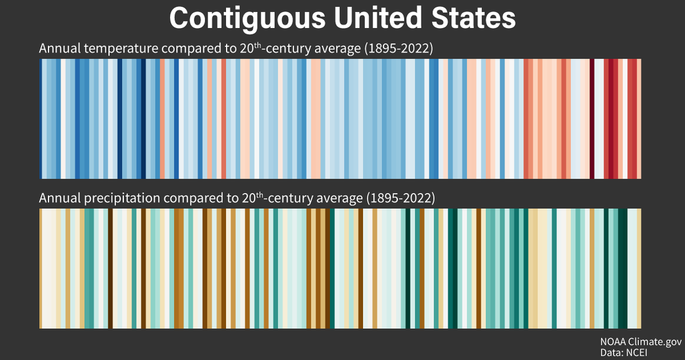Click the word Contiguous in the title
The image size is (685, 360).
pyautogui.click(x=247, y=18)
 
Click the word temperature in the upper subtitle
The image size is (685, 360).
pyautogui.click(x=114, y=49)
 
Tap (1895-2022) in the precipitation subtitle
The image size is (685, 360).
pyautogui.click(x=400, y=199)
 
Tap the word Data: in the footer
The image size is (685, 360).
pyautogui.click(x=613, y=353)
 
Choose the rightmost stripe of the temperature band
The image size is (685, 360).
pyautogui.click(x=639, y=118)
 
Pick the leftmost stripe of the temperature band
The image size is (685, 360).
pyautogui.click(x=40, y=118)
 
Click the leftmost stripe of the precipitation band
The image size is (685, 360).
pyautogui.click(x=40, y=268)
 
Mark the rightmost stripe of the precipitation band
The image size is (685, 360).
pyautogui.click(x=639, y=268)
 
